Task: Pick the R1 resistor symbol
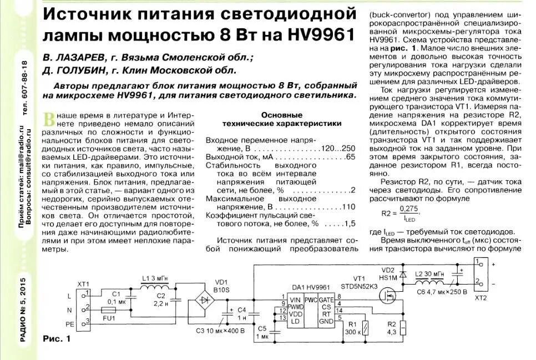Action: (x=364, y=328)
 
